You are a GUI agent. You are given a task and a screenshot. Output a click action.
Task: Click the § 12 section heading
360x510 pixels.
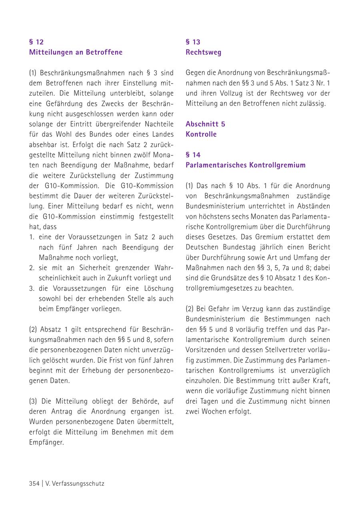(x=36, y=42)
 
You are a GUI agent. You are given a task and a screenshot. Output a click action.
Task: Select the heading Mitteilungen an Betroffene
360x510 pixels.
(x=76, y=52)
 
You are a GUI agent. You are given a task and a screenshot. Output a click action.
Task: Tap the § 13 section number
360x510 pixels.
(x=193, y=42)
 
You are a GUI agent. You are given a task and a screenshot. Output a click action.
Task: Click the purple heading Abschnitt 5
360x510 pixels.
(x=205, y=124)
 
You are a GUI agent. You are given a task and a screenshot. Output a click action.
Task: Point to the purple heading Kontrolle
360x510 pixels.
(x=201, y=134)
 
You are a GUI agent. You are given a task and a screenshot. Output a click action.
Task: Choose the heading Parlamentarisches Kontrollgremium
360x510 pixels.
(x=246, y=165)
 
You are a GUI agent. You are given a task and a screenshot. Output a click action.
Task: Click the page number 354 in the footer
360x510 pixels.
(x=34, y=483)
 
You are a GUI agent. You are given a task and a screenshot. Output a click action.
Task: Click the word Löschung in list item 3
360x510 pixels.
(x=158, y=288)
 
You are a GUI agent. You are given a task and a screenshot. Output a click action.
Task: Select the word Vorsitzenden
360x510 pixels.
(x=206, y=350)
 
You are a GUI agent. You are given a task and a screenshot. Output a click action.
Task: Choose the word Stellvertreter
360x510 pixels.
(x=288, y=350)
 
